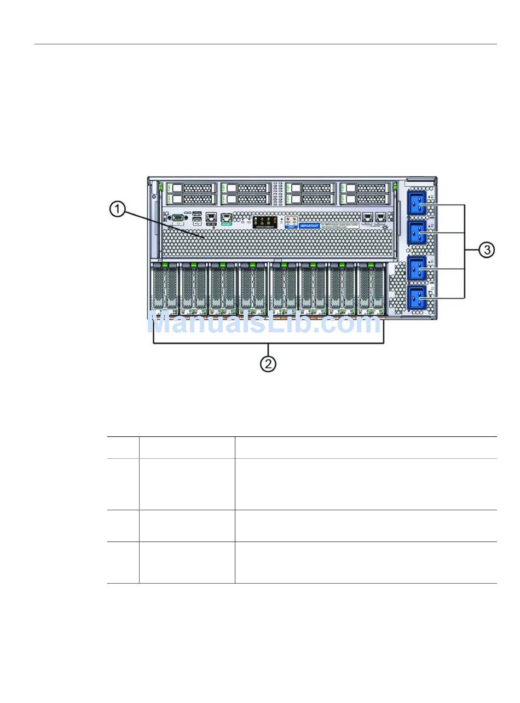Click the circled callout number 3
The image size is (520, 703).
click(487, 250)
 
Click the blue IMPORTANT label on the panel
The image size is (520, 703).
click(309, 225)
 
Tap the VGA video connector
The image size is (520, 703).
click(177, 218)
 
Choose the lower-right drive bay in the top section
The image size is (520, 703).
click(365, 199)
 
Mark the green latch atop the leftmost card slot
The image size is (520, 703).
click(164, 266)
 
